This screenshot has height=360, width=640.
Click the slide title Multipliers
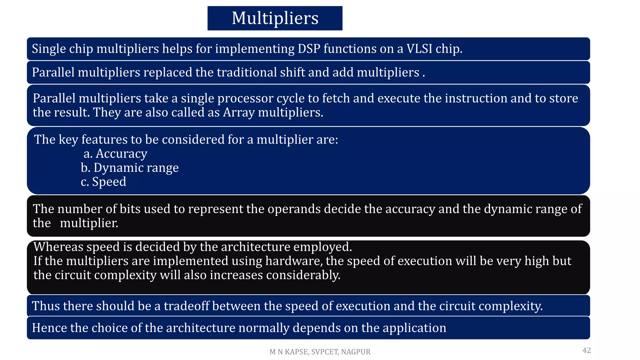click(x=275, y=18)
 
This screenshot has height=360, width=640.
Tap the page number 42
click(x=587, y=350)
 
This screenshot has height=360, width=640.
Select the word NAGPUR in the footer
click(x=356, y=352)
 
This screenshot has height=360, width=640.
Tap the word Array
click(x=239, y=112)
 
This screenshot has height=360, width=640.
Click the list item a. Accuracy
click(x=115, y=154)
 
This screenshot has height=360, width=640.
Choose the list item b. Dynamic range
click(x=130, y=168)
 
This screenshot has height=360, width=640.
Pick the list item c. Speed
click(x=103, y=182)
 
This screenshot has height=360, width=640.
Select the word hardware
click(x=294, y=261)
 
